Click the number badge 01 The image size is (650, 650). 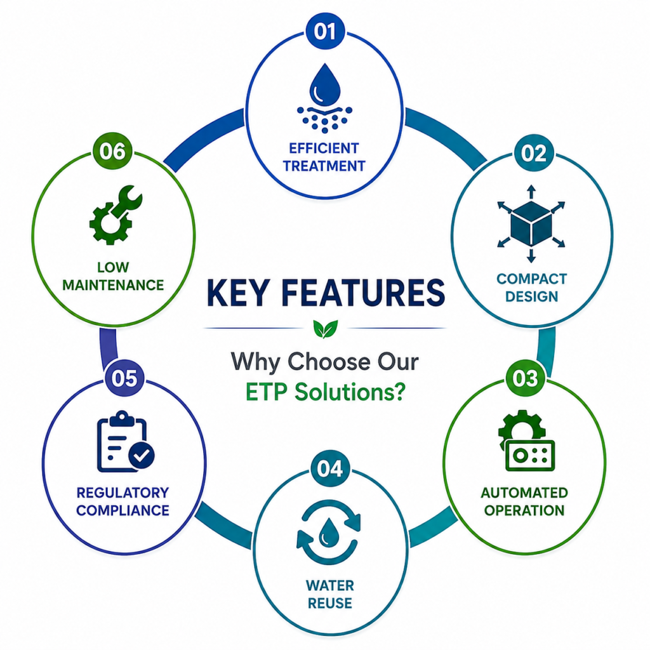(x=325, y=31)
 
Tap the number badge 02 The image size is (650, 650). (x=534, y=153)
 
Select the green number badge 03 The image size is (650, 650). (x=525, y=378)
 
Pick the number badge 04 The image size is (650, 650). (x=330, y=469)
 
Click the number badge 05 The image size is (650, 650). (x=124, y=378)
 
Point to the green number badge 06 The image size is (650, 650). (x=112, y=151)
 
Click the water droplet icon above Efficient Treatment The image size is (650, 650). (x=324, y=98)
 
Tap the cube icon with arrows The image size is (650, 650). (x=531, y=224)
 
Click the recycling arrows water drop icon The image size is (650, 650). (x=329, y=532)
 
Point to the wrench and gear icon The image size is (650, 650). (x=116, y=215)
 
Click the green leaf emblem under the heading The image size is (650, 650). (x=326, y=329)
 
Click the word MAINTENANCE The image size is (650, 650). (x=113, y=285)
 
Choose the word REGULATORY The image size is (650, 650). (x=123, y=493)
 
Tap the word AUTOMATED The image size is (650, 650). (x=524, y=493)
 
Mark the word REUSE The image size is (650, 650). (x=330, y=603)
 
